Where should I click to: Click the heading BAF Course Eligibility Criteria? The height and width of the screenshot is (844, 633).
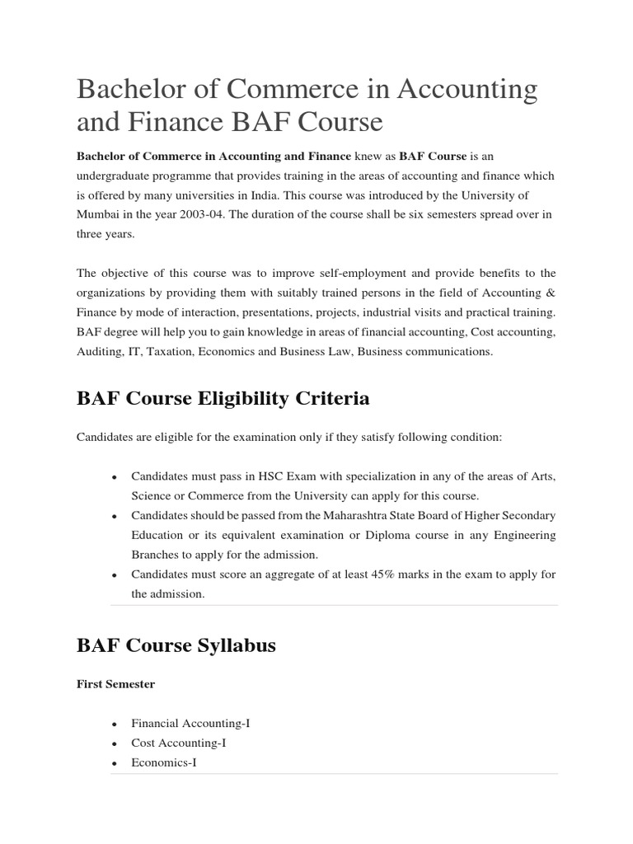click(x=223, y=399)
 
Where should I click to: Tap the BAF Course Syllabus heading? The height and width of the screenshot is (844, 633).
click(x=176, y=645)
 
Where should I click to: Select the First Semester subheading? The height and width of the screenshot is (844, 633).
click(x=115, y=684)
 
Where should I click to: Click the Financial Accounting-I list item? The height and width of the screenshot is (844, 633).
click(x=190, y=723)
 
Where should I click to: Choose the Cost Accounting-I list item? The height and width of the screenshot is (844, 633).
click(x=178, y=743)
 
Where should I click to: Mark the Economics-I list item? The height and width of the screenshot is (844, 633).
click(x=164, y=762)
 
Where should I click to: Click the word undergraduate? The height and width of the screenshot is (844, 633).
click(x=117, y=176)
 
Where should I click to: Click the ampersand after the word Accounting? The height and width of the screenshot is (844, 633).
click(x=549, y=293)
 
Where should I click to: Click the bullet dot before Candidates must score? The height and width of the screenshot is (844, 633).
click(x=114, y=575)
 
